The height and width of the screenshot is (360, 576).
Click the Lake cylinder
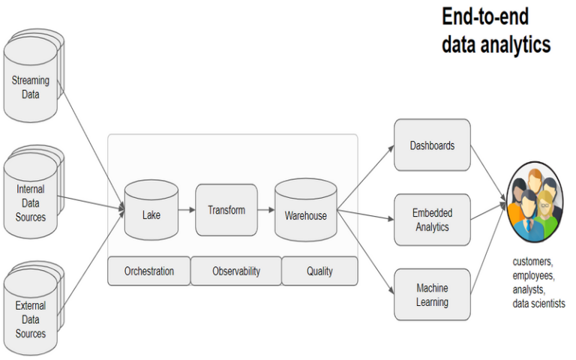pyautogui.click(x=151, y=214)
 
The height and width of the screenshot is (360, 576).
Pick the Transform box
pyautogui.click(x=226, y=210)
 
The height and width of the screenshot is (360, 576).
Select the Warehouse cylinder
pyautogui.click(x=305, y=214)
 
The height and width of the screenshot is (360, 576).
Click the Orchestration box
pyautogui.click(x=148, y=271)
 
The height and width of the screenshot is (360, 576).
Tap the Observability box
pyautogui.click(x=235, y=271)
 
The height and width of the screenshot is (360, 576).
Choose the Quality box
pyautogui.click(x=319, y=271)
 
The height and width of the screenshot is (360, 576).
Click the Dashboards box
pyautogui.click(x=432, y=145)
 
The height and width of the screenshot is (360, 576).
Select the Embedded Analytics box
pyautogui.click(x=432, y=220)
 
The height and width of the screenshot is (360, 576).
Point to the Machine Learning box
pyautogui.click(x=432, y=295)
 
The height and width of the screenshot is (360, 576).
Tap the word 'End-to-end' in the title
pyautogui.click(x=484, y=16)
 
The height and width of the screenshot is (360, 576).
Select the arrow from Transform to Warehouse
pyautogui.click(x=265, y=211)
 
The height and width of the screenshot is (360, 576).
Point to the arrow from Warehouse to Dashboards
pyautogui.click(x=365, y=178)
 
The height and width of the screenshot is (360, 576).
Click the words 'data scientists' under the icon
pyautogui.click(x=538, y=303)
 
